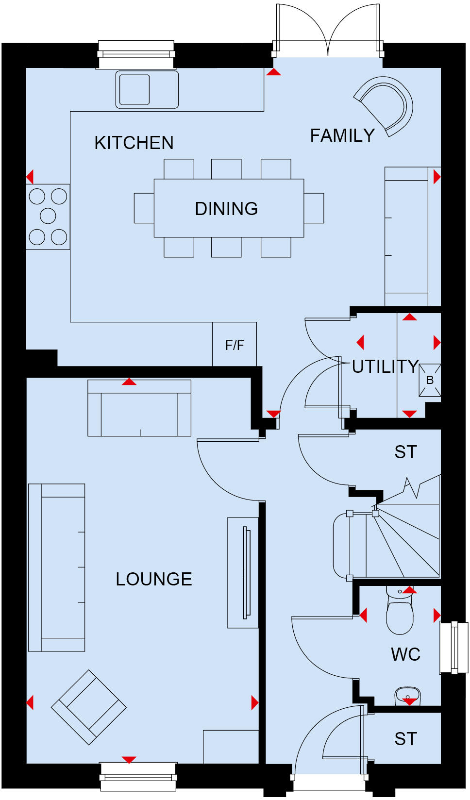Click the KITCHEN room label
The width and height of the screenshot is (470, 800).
pyautogui.click(x=134, y=143)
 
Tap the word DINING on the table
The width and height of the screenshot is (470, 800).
pyautogui.click(x=226, y=209)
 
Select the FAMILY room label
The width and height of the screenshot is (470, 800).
pyautogui.click(x=342, y=135)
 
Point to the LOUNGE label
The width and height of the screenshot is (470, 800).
pyautogui.click(x=154, y=579)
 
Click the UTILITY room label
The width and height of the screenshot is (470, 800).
pyautogui.click(x=385, y=367)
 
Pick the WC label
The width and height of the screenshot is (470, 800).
pyautogui.click(x=405, y=654)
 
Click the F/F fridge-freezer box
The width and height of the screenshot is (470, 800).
pyautogui.click(x=235, y=345)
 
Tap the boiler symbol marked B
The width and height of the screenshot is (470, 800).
pyautogui.click(x=430, y=380)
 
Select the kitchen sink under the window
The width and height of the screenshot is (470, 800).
pyautogui.click(x=134, y=89)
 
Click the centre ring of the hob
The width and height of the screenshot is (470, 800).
pyautogui.click(x=48, y=216)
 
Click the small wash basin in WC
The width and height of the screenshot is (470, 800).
pyautogui.click(x=407, y=696)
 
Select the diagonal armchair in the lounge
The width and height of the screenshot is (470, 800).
pyautogui.click(x=89, y=707)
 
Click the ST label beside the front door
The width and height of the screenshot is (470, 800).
pyautogui.click(x=405, y=739)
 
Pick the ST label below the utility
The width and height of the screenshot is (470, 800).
pyautogui.click(x=405, y=452)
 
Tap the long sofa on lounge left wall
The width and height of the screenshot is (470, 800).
pyautogui.click(x=57, y=567)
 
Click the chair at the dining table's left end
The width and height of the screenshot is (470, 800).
pyautogui.click(x=144, y=208)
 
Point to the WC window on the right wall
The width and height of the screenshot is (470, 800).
pyautogui.click(x=453, y=647)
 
